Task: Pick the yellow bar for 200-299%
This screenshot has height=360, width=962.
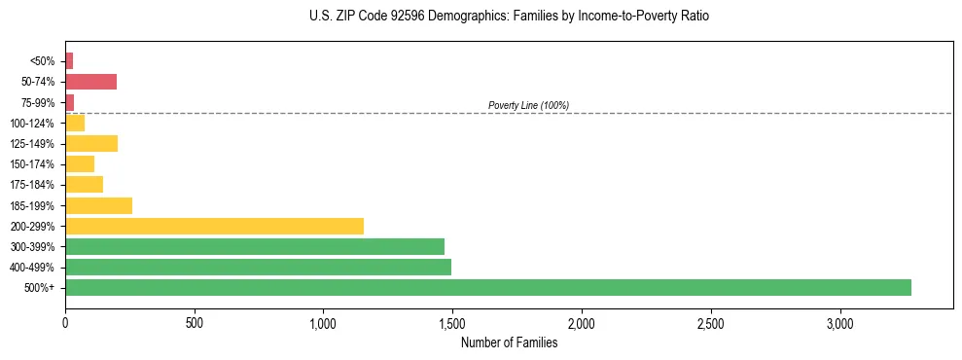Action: click(x=214, y=226)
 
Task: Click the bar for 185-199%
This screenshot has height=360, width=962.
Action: click(x=98, y=205)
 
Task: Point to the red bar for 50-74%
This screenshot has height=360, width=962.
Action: click(x=90, y=81)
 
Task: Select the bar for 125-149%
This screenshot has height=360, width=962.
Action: click(x=91, y=143)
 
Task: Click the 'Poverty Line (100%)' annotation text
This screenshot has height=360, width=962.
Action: click(x=528, y=105)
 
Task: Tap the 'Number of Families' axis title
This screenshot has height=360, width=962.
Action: click(x=509, y=342)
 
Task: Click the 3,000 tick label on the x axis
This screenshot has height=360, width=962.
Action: click(x=839, y=323)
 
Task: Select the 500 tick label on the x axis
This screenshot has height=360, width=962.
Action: click(x=195, y=323)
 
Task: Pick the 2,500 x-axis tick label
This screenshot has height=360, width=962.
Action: click(x=710, y=323)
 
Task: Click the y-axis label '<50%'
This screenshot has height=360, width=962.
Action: click(x=42, y=60)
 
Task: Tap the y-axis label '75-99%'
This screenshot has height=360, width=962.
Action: click(x=38, y=102)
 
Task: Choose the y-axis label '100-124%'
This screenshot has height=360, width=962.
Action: click(x=32, y=123)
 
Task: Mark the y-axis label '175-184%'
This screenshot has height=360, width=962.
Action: click(x=32, y=185)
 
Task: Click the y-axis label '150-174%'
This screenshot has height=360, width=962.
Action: click(x=32, y=164)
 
